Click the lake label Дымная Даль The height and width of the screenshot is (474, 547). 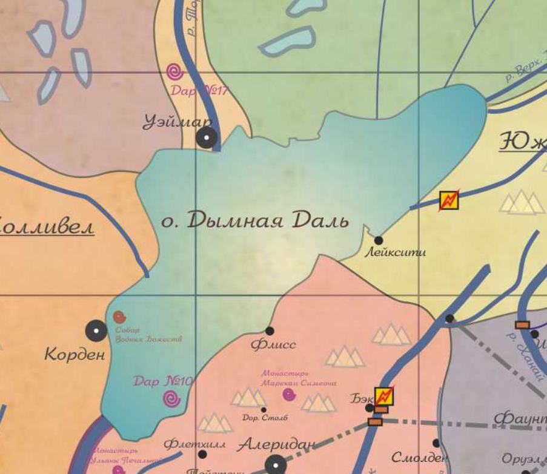click(x=255, y=220)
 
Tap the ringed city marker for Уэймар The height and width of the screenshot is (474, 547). click(x=207, y=138)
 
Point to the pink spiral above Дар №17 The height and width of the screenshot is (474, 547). click(x=175, y=72)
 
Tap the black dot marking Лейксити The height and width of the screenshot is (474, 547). click(x=379, y=240)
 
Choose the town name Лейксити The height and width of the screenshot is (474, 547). click(x=394, y=252)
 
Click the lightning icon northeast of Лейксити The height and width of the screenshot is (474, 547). click(x=449, y=200)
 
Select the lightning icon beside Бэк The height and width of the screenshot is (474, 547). click(x=384, y=397)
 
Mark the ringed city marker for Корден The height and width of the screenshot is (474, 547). click(x=96, y=331)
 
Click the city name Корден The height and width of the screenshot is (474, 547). click(x=75, y=355)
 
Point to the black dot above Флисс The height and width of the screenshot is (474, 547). click(x=270, y=331)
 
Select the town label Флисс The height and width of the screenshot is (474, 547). click(x=273, y=344)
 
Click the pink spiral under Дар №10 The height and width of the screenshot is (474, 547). click(x=172, y=398)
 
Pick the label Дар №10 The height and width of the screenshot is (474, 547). click(x=162, y=381)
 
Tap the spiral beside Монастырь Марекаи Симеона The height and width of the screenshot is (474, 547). click(x=290, y=394)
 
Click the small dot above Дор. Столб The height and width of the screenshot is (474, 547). click(x=264, y=410)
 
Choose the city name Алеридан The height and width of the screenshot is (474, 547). click(x=276, y=445)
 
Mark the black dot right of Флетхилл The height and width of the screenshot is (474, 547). click(x=202, y=454)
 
